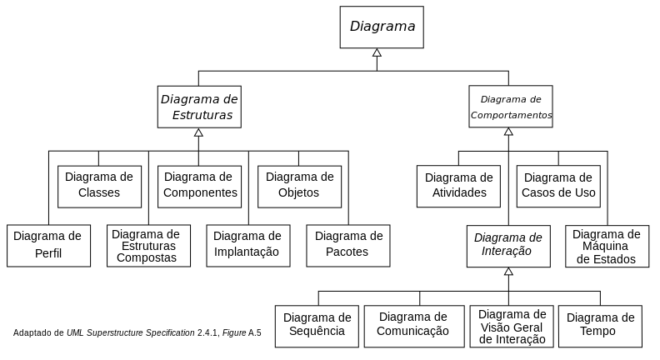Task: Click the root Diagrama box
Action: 382,27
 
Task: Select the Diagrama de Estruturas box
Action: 199,107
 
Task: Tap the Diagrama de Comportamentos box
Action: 511,107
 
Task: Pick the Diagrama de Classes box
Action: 99,187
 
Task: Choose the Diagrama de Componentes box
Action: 199,187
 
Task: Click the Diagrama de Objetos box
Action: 300,187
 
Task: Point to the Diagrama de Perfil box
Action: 49,246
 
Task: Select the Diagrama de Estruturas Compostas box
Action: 148,246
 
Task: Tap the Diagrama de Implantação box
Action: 248,246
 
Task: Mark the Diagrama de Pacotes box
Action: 348,246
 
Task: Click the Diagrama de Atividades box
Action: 459,186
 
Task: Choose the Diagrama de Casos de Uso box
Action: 558,186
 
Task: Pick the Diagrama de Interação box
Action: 508,247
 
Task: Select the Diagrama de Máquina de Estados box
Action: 607,247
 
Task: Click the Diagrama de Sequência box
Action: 317,327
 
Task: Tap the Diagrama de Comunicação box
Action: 414,327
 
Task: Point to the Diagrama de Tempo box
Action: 600,327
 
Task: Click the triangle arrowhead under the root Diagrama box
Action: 377,52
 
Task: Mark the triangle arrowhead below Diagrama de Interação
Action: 508,272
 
